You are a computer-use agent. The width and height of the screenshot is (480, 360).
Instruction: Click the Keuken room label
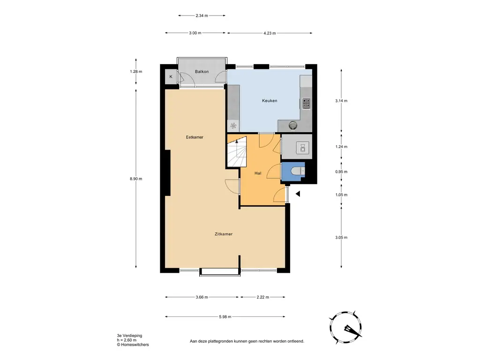(x=270, y=100)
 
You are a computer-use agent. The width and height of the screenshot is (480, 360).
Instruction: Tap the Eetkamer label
(x=195, y=137)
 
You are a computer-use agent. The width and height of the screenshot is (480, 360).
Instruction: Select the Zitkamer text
(x=224, y=234)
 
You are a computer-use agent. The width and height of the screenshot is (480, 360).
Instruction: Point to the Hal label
(x=258, y=173)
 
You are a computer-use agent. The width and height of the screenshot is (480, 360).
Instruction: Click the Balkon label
(x=202, y=72)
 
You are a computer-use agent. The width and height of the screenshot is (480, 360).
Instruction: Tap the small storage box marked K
(x=171, y=77)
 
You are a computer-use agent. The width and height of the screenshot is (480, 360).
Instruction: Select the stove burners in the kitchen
(x=306, y=104)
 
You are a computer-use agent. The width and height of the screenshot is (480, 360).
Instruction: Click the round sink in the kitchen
(x=293, y=125)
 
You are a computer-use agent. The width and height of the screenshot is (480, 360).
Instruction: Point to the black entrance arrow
(x=298, y=194)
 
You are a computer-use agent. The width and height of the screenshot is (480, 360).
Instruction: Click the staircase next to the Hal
(x=237, y=151)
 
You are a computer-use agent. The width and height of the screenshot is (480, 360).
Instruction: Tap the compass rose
(x=346, y=328)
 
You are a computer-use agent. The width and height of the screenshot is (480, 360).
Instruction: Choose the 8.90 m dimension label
(x=136, y=179)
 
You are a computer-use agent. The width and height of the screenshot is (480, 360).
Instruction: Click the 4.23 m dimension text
(x=270, y=33)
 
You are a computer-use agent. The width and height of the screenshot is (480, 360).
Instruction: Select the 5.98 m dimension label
(x=225, y=317)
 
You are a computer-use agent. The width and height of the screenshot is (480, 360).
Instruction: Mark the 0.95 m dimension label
(x=341, y=172)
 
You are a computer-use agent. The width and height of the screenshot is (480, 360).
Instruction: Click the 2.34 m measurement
(x=202, y=15)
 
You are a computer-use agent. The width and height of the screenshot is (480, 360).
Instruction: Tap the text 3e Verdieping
(x=129, y=336)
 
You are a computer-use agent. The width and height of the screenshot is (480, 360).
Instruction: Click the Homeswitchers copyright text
(x=133, y=345)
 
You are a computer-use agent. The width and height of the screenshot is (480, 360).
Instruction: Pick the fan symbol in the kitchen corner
(x=233, y=126)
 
